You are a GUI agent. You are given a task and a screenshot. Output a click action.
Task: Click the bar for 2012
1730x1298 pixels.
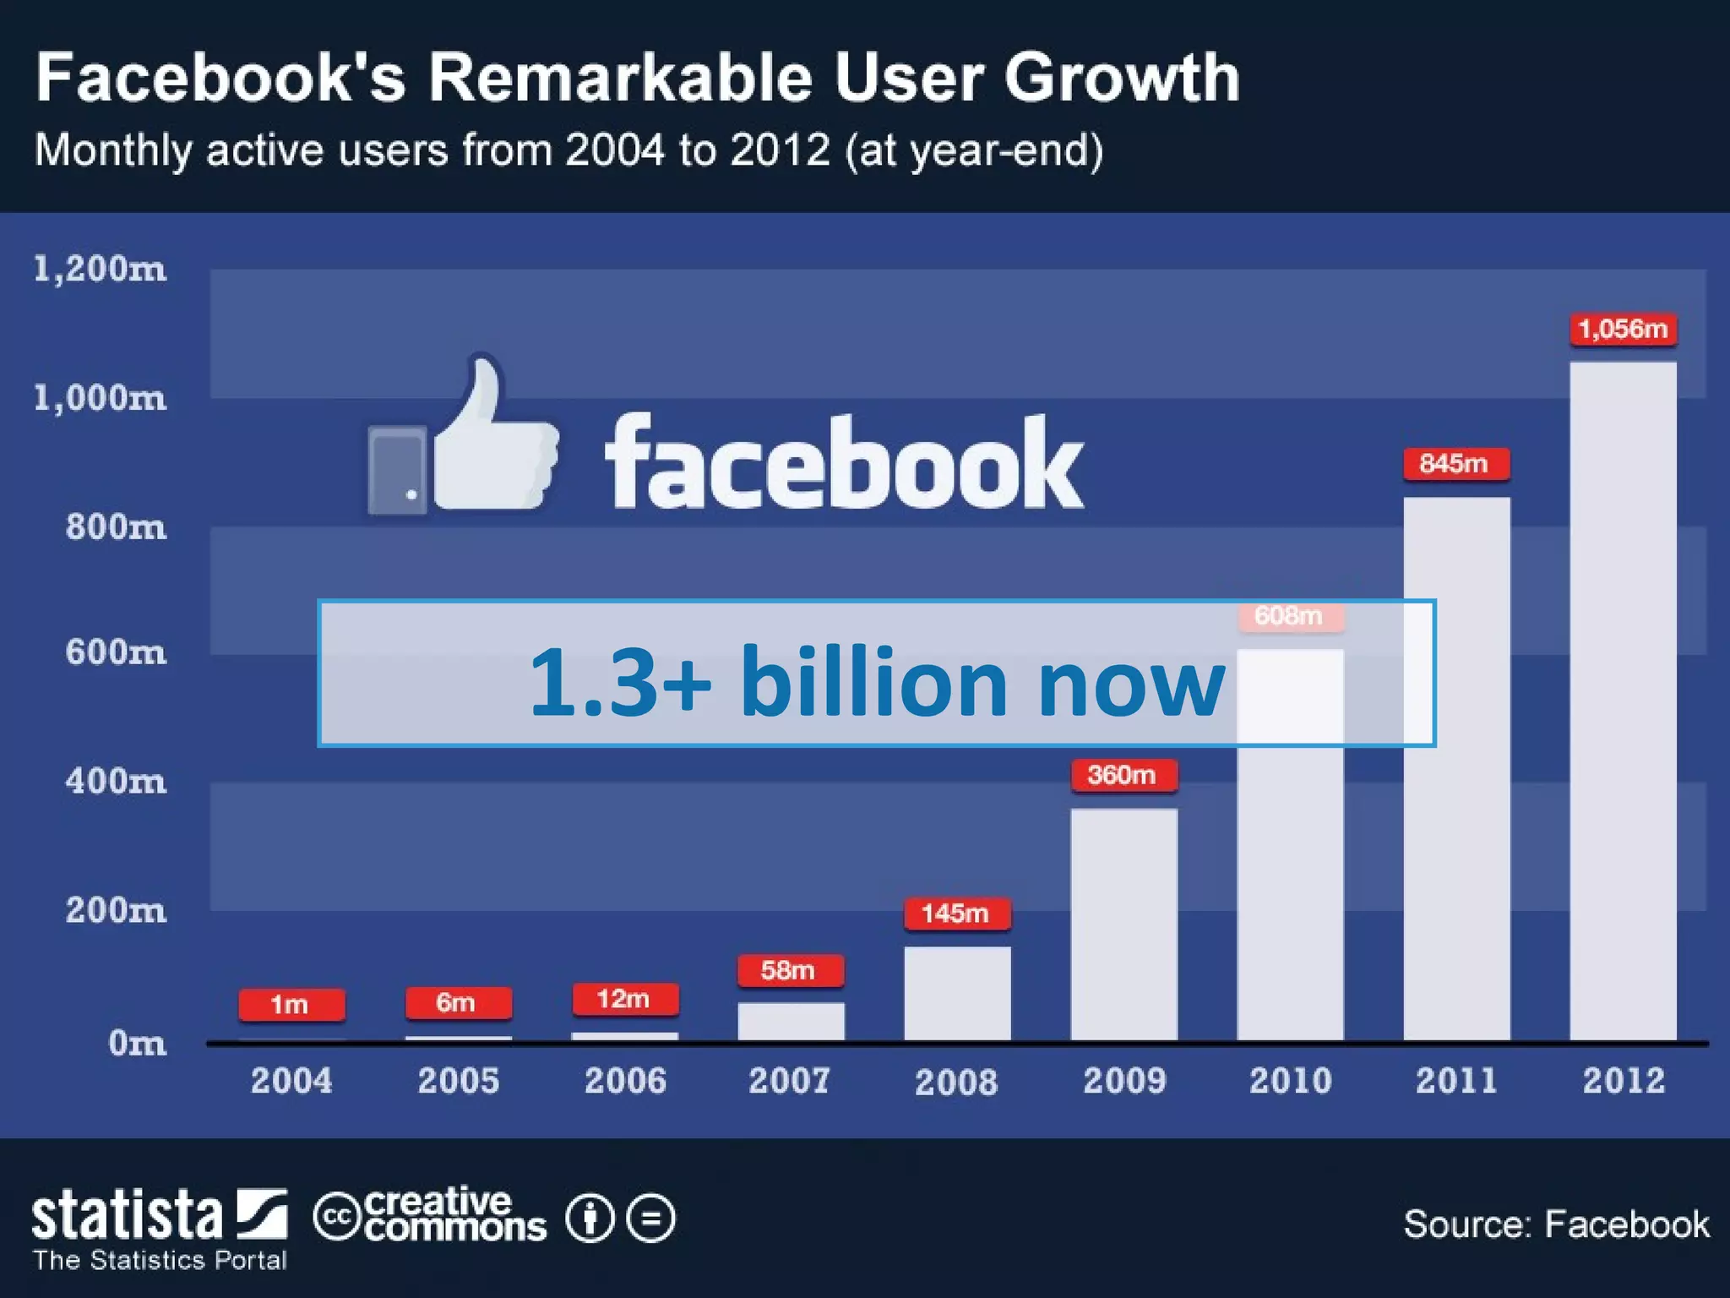pos(1623,701)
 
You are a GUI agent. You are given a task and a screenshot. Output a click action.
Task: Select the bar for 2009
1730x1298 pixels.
pos(1123,924)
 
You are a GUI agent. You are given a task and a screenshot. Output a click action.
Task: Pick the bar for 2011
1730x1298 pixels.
pos(1456,769)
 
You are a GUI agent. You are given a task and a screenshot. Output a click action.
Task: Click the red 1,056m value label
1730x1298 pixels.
pos(1623,329)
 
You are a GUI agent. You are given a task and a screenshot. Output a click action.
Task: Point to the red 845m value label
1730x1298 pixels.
pos(1455,464)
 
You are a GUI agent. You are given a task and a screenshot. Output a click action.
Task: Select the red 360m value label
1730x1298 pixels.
pos(1123,775)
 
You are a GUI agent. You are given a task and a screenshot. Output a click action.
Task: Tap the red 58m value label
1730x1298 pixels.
pos(790,970)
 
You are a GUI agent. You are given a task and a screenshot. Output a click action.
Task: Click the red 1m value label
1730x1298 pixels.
pos(291,1005)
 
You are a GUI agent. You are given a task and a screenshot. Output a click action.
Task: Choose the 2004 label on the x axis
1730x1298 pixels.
pos(291,1081)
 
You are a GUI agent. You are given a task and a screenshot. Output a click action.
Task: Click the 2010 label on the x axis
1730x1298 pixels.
pos(1290,1081)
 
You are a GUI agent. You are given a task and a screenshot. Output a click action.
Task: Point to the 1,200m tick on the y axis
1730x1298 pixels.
pos(100,269)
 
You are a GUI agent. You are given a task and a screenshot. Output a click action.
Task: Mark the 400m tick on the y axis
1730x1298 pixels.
pos(116,781)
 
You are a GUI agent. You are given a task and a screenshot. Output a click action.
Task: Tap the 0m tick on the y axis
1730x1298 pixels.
pos(137,1044)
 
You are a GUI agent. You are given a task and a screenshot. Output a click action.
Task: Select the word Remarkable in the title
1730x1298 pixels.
pos(620,78)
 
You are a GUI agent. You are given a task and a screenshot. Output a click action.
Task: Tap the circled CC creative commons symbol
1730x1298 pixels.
pos(337,1217)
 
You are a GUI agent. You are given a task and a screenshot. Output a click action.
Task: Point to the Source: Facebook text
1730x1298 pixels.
pos(1556,1224)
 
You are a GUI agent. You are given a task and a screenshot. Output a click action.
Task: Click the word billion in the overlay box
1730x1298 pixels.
pos(874,681)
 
